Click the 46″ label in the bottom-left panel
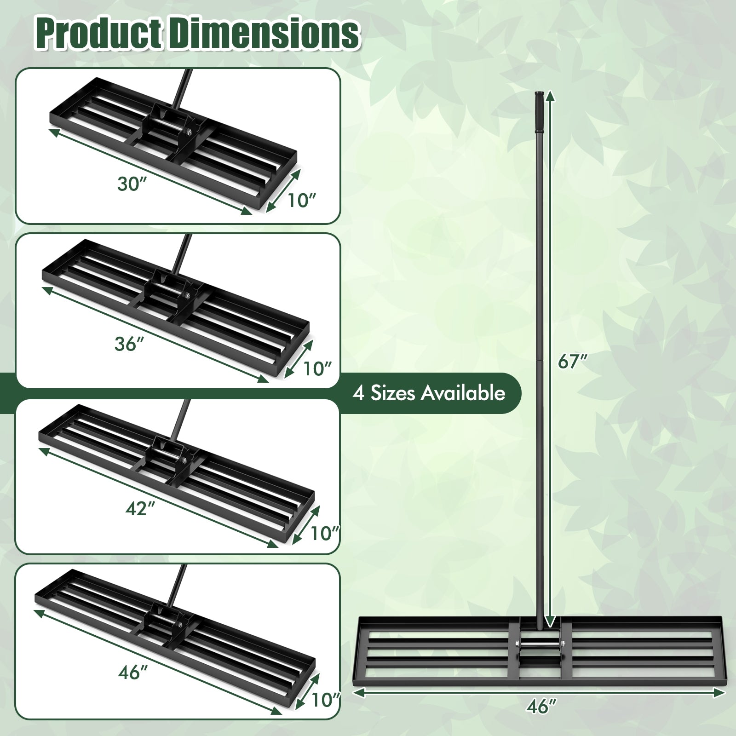132,673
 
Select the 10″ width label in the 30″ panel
302,201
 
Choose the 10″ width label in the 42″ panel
325,533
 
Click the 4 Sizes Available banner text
429,393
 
